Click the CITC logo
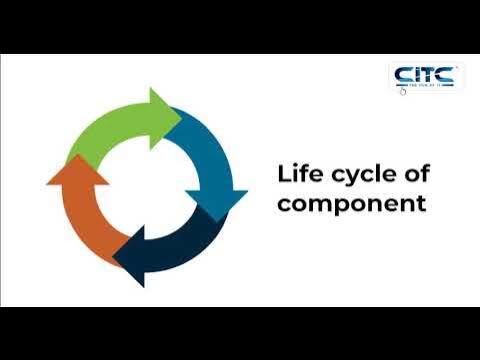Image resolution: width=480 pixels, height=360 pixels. (x=425, y=77)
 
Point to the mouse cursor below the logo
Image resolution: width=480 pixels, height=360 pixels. (x=403, y=93)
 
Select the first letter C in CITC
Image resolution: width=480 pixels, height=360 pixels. (x=402, y=75)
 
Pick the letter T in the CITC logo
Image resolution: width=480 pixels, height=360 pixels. (x=430, y=75)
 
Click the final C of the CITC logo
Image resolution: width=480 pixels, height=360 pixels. (x=446, y=75)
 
